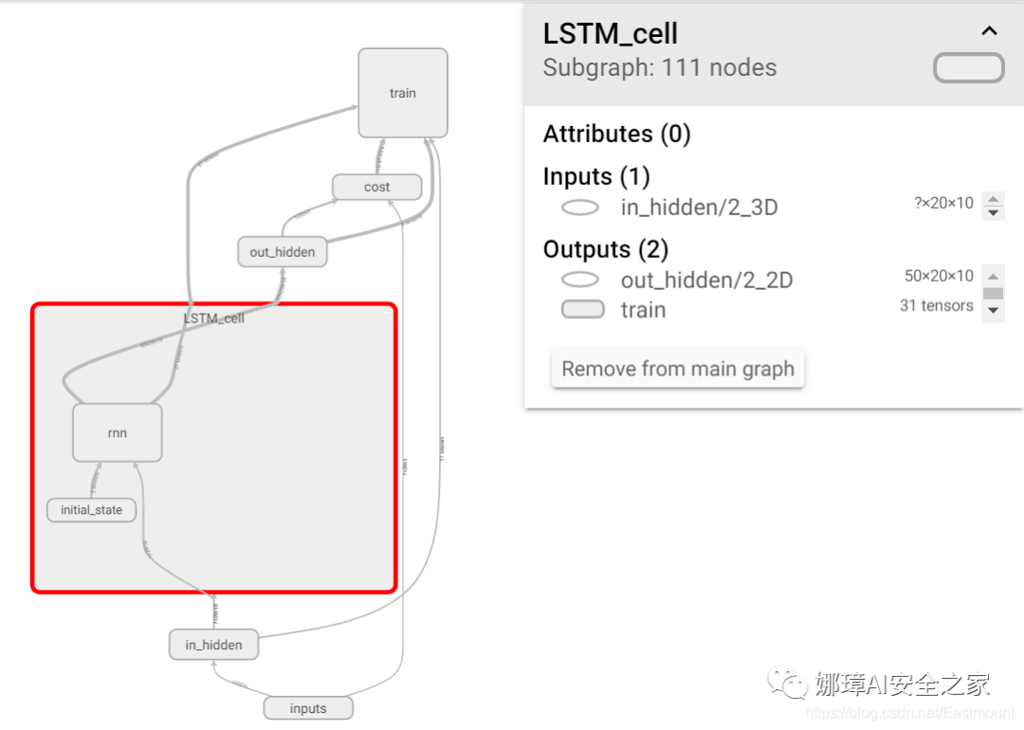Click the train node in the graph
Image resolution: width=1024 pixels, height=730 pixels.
click(402, 93)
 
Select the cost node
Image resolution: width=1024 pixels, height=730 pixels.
click(376, 187)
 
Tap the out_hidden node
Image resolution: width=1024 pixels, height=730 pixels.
click(282, 252)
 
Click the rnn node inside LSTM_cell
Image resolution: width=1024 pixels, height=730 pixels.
click(118, 433)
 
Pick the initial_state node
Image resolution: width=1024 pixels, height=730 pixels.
click(91, 510)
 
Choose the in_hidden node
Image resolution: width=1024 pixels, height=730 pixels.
click(213, 645)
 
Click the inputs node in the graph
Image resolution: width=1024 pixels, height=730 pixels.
click(307, 708)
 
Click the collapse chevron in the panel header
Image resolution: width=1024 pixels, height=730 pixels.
click(989, 31)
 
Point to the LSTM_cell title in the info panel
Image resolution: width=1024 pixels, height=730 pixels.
click(610, 34)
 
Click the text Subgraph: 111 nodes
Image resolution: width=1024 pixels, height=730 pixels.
click(659, 68)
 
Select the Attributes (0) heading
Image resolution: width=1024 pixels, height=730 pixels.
click(616, 134)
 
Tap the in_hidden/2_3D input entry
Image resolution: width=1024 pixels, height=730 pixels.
click(699, 208)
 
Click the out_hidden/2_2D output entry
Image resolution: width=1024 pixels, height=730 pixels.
click(706, 280)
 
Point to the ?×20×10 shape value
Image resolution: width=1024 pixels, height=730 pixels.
click(943, 203)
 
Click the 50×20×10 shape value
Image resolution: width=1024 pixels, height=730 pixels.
click(939, 276)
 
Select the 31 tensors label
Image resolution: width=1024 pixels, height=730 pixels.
click(936, 305)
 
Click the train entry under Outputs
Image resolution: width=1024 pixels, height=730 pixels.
click(643, 310)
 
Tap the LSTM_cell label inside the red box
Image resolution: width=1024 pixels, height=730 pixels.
click(214, 319)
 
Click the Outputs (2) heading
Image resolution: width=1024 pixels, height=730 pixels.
click(605, 249)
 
